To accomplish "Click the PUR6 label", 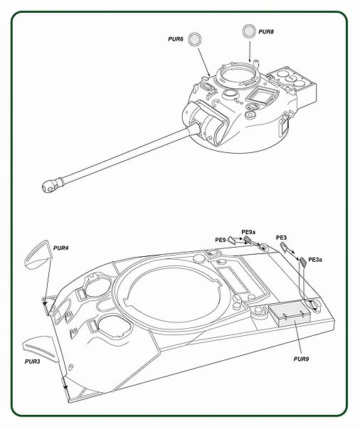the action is [175, 39].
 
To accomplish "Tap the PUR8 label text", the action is [266, 31].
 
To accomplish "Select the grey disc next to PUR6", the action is [194, 39].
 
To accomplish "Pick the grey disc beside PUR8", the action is [249, 31].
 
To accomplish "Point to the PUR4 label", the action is [60, 248].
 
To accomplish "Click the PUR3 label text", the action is [32, 362].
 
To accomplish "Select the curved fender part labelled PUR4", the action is [38, 255].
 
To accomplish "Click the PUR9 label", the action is [301, 359].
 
